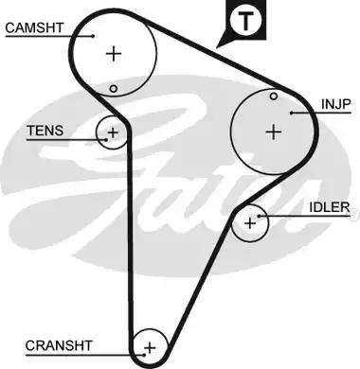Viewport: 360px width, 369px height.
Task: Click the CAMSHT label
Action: pyautogui.click(x=32, y=27)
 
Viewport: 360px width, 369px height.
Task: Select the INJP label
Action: pyautogui.click(x=335, y=105)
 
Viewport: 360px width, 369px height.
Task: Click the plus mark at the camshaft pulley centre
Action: pyautogui.click(x=115, y=53)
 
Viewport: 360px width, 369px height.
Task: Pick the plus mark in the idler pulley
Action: pyautogui.click(x=250, y=223)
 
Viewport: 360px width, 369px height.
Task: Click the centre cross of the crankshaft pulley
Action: pyautogui.click(x=149, y=348)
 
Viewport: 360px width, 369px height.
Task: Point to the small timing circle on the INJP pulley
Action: pyautogui.click(x=273, y=96)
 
